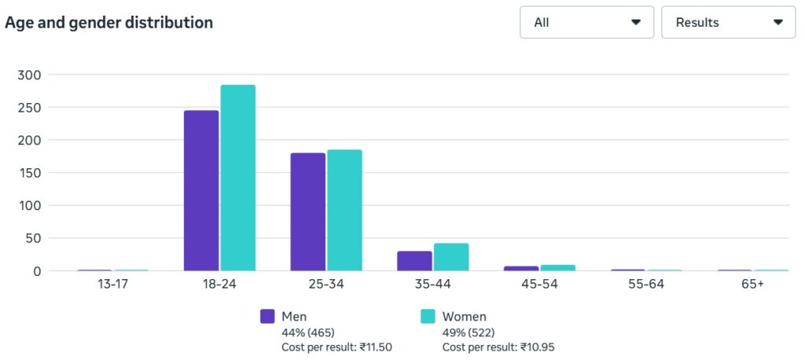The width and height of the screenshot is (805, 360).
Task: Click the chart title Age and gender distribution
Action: tap(108, 23)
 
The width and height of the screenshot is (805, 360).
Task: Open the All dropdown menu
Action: tap(586, 22)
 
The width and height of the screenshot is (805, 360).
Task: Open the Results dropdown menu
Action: tap(729, 22)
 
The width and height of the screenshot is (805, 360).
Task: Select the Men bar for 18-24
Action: tap(201, 191)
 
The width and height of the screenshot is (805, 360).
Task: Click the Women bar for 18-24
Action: tap(237, 178)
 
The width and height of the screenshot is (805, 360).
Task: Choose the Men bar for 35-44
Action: tap(414, 261)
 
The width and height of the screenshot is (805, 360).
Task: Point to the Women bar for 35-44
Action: tap(451, 257)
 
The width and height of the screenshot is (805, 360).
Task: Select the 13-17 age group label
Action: tap(112, 285)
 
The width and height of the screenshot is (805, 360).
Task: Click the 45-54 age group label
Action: tap(539, 285)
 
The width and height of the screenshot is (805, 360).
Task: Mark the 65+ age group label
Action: tap(752, 285)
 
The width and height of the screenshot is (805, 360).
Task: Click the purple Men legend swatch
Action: tap(267, 317)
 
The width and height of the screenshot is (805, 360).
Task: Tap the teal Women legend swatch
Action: tap(428, 317)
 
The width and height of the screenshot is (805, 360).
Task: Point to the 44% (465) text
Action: tap(308, 332)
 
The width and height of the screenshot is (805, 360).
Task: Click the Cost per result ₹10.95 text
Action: tap(498, 347)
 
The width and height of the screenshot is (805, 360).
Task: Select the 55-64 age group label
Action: tap(646, 285)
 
